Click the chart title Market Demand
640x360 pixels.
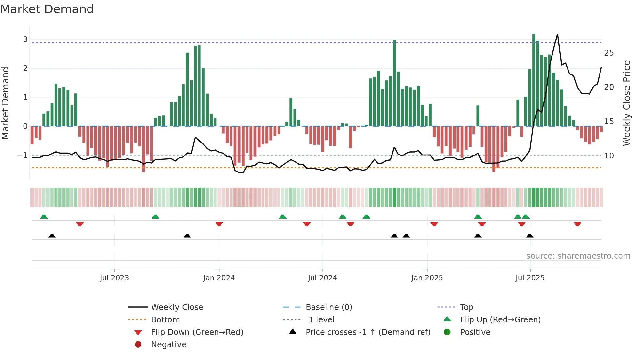tap(47, 9)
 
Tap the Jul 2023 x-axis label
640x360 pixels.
tap(114, 278)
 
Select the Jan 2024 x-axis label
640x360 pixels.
tap(219, 278)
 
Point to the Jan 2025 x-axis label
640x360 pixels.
tap(427, 278)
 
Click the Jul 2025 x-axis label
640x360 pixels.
tap(530, 278)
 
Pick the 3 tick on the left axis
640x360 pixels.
tap(25, 40)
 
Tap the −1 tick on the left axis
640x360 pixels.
tap(22, 155)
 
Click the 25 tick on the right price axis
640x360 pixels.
tap(609, 53)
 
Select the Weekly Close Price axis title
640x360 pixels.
tap(626, 103)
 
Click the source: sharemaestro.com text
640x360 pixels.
tap(578, 256)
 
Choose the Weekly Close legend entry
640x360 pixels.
tap(177, 307)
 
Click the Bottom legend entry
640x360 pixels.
tap(165, 320)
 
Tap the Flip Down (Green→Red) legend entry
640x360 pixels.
tap(197, 332)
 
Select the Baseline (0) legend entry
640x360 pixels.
tap(328, 307)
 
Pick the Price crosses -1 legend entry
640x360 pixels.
tap(368, 332)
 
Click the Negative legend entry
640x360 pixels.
tap(168, 345)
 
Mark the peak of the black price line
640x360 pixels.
tap(557, 34)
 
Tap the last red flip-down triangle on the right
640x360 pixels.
tap(577, 224)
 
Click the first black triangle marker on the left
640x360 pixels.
tap(52, 236)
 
